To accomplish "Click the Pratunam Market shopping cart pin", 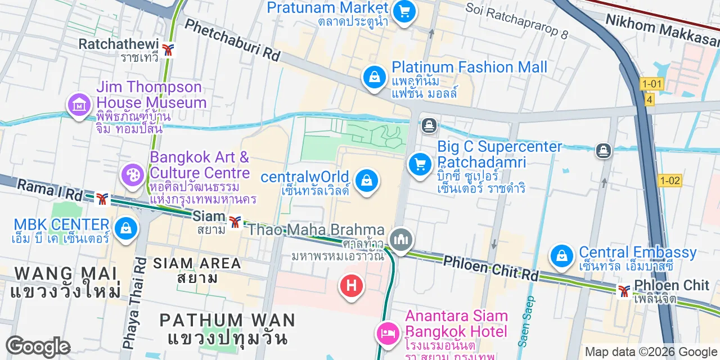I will click(x=403, y=11).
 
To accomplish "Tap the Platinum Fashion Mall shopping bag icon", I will click(x=374, y=76).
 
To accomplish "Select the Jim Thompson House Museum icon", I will click(x=79, y=104).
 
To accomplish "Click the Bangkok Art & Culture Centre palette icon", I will click(x=133, y=174).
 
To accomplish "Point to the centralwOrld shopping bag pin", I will click(x=366, y=181).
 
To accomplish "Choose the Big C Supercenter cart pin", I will click(x=419, y=164).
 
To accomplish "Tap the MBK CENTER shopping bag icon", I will click(x=125, y=228).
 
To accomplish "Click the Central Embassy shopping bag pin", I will click(x=561, y=255).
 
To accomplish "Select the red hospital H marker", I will click(x=352, y=286).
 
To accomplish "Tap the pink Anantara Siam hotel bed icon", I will click(x=388, y=332).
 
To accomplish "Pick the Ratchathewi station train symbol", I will click(x=168, y=49).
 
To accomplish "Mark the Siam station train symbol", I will click(x=235, y=222).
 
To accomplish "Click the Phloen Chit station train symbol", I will click(x=624, y=291).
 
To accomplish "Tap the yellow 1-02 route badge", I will click(x=670, y=181).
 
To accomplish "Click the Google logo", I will click(x=38, y=346).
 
